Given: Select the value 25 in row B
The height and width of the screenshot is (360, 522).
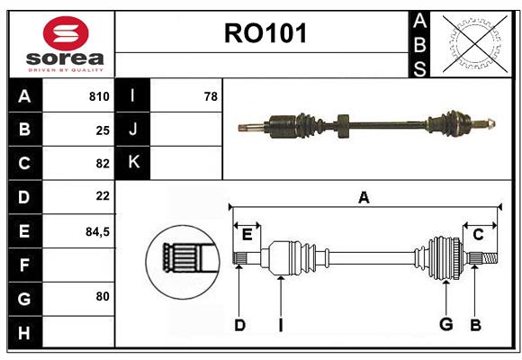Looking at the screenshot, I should point(103,130).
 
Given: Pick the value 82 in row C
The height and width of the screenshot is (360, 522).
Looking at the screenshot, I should point(103,164).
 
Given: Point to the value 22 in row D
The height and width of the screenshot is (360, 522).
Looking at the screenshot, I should point(103,196).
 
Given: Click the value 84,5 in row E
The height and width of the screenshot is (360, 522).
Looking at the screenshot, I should point(97,231).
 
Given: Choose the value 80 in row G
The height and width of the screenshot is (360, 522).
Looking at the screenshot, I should point(103,295).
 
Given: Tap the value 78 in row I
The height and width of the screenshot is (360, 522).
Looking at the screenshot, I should point(211,96).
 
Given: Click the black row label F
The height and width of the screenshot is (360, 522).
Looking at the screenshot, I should point(24,265).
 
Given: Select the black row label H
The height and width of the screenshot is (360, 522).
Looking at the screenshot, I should point(24,333).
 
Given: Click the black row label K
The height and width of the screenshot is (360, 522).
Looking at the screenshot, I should point(132,163).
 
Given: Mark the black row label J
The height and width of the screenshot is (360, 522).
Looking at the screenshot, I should point(132,130).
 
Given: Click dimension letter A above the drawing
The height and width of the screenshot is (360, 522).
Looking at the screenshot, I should point(364,198).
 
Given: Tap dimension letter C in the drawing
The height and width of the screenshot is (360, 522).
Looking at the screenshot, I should point(478,235).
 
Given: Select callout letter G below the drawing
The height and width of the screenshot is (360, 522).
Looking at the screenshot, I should point(445,325).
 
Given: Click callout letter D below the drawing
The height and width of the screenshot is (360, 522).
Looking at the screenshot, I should point(239,325).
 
